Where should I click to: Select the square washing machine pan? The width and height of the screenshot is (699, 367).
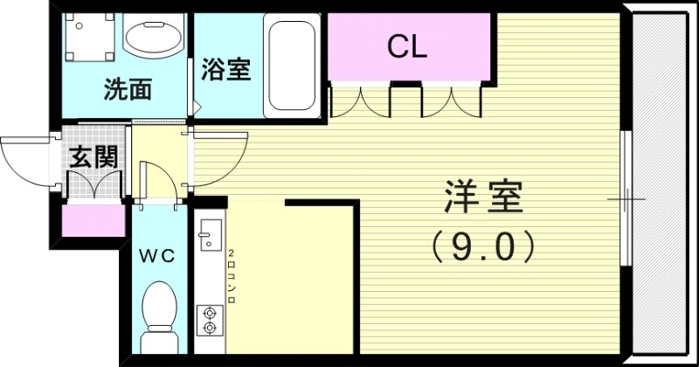pyautogui.click(x=89, y=39)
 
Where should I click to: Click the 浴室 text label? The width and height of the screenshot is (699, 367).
pyautogui.click(x=226, y=69)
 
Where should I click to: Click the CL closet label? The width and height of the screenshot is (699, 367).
pyautogui.click(x=407, y=47)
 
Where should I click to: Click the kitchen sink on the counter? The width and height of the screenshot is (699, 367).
pyautogui.click(x=210, y=235)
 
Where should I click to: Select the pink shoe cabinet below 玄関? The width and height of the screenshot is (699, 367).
pyautogui.click(x=92, y=221)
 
